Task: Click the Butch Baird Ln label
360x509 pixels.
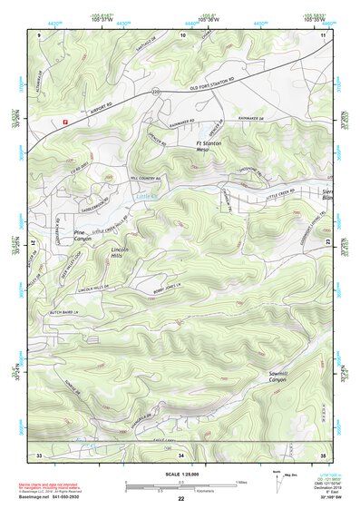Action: pos(64,310)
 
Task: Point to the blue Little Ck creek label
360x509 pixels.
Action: pos(145,195)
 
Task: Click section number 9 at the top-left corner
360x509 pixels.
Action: pos(39,34)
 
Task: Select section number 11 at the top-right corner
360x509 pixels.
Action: pos(323,34)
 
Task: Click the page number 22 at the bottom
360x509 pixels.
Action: pos(181,499)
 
